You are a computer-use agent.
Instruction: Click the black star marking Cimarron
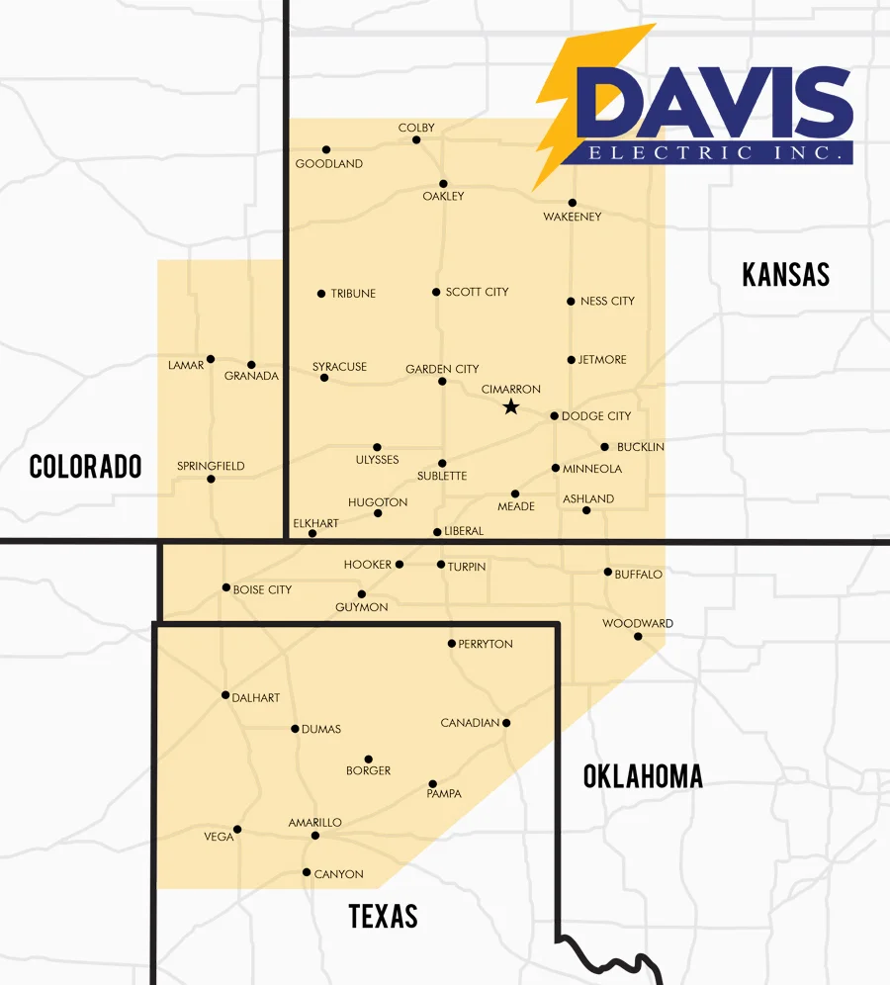pyautogui.click(x=510, y=406)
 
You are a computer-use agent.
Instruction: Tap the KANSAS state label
pyautogui.click(x=785, y=274)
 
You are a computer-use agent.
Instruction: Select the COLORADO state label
pyautogui.click(x=85, y=466)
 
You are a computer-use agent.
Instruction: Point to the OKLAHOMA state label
pyautogui.click(x=643, y=776)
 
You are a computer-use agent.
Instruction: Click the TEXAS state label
pyautogui.click(x=383, y=917)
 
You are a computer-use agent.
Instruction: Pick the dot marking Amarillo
pyautogui.click(x=315, y=836)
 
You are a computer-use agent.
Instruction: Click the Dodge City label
pyautogui.click(x=596, y=416)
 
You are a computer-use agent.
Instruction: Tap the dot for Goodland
pyautogui.click(x=326, y=150)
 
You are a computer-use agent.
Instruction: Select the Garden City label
pyautogui.click(x=442, y=369)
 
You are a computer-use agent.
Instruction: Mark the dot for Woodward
pyautogui.click(x=638, y=636)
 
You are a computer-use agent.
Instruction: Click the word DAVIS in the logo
pyautogui.click(x=714, y=104)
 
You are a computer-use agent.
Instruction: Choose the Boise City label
pyautogui.click(x=262, y=589)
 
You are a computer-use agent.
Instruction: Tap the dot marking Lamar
pyautogui.click(x=211, y=359)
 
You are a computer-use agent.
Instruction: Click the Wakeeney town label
pyautogui.click(x=573, y=217)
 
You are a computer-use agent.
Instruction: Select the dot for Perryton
pyautogui.click(x=452, y=643)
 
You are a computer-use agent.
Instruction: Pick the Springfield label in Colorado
pyautogui.click(x=211, y=466)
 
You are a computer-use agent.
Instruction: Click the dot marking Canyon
pyautogui.click(x=307, y=872)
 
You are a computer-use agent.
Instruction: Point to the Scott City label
pyautogui.click(x=477, y=292)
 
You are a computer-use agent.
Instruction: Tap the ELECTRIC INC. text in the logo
pyautogui.click(x=718, y=153)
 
